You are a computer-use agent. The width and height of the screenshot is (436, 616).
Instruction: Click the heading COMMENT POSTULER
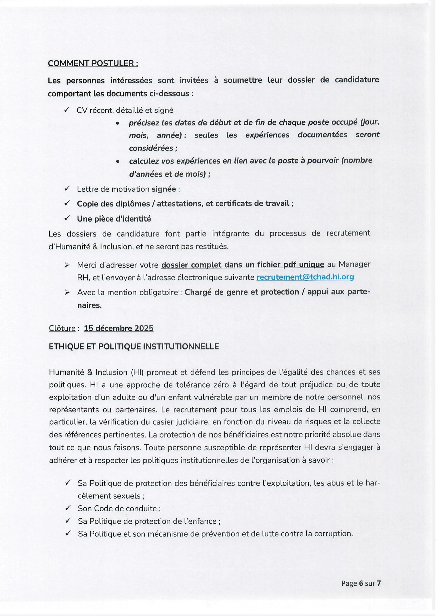point(93,63)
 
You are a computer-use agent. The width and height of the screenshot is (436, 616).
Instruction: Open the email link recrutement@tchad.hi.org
point(305,277)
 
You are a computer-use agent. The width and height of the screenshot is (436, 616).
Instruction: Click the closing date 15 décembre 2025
point(118,328)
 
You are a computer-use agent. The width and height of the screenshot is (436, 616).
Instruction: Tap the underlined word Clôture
point(62,328)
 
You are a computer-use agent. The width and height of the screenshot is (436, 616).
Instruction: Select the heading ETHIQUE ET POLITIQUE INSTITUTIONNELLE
point(134,346)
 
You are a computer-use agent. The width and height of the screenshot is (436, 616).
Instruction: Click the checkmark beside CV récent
point(67,110)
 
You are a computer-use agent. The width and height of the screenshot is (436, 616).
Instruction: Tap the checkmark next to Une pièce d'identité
point(67,219)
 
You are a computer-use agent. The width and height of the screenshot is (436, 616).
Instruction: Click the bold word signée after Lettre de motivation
point(164,189)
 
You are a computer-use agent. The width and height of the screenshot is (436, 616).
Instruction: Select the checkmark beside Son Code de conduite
point(68,508)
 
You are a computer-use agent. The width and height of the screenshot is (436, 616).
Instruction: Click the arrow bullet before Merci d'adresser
point(67,265)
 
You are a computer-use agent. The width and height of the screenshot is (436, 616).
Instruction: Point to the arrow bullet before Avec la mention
point(67,292)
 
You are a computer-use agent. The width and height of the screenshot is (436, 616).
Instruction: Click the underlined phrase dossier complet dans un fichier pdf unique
point(242,265)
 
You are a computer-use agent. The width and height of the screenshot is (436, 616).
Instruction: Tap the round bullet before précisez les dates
point(117,124)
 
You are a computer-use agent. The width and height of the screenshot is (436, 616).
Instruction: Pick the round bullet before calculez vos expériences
point(117,161)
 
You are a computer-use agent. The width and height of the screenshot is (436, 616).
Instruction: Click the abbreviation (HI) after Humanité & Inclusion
point(137,372)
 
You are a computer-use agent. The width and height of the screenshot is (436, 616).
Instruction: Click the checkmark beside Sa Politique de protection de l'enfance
point(68,521)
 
